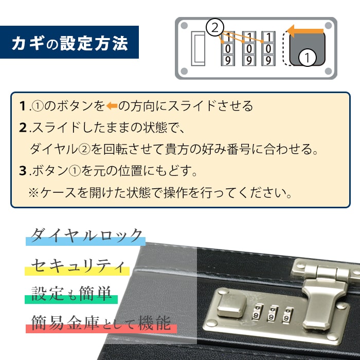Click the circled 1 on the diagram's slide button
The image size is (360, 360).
[x=307, y=58]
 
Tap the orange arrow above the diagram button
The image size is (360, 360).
[x=305, y=31]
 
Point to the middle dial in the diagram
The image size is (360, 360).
[x=248, y=49]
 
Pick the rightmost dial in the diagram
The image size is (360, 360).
[x=268, y=49]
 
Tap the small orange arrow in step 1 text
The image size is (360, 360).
[x=112, y=106]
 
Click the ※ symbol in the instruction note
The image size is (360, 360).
[x=33, y=193]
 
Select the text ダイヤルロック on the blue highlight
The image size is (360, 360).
[x=86, y=236]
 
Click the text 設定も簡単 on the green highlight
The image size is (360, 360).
[x=72, y=294]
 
